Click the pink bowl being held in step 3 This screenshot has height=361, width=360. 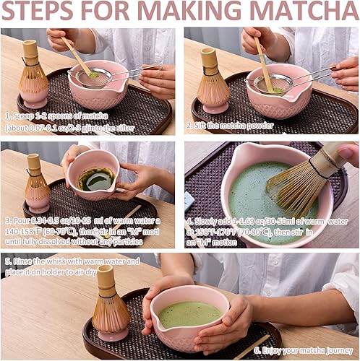94,177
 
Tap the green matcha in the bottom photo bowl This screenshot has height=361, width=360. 189,313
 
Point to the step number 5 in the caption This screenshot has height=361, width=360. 7,261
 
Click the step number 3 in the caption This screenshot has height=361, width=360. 7,219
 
